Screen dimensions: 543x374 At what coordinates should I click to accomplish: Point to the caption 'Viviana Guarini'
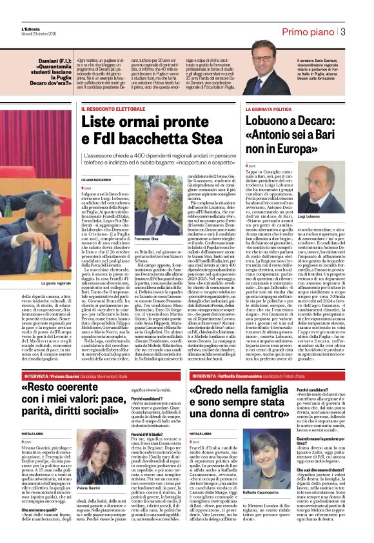90,470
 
